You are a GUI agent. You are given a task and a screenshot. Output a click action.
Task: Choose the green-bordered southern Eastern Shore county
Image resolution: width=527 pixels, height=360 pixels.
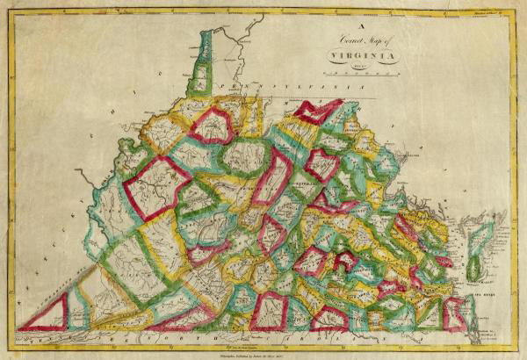pos(475,269)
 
